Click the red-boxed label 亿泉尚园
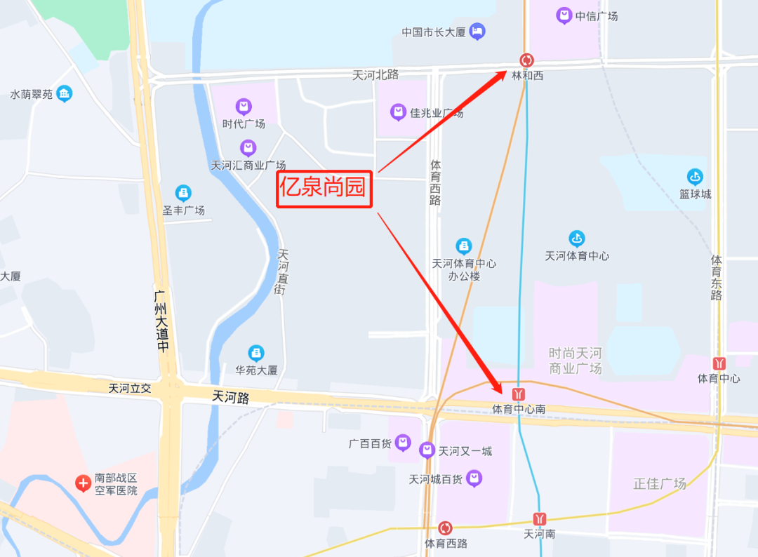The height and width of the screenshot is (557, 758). point(324,187)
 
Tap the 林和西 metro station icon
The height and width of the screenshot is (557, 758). point(526,60)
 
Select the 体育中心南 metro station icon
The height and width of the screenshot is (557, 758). point(519,394)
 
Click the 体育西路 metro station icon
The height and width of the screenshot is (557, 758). point(445,528)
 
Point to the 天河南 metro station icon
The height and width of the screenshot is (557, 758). point(539,519)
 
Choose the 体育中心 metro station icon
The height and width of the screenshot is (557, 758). point(719,363)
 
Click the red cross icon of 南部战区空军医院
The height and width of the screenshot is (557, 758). point(83,483)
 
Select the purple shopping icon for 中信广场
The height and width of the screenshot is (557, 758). point(564,15)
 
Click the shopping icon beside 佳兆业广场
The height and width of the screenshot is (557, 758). point(398,112)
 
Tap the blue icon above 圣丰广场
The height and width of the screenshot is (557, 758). point(183,192)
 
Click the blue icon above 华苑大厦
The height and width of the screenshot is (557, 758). point(257,353)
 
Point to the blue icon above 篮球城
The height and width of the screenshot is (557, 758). point(695,177)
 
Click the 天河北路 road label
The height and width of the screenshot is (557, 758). point(375,75)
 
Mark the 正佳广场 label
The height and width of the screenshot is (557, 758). point(660,483)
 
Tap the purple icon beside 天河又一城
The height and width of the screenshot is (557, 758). point(427,450)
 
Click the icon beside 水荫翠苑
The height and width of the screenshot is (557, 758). point(65,93)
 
